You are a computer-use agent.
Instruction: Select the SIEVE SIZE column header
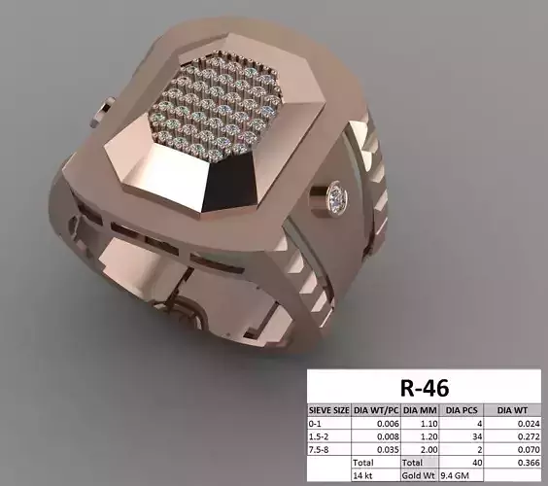[327, 411]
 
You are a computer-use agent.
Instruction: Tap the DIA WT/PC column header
[375, 411]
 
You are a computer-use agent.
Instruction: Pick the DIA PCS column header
[462, 411]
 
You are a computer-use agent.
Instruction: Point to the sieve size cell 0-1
[315, 425]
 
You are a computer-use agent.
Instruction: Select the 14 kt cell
[364, 477]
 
